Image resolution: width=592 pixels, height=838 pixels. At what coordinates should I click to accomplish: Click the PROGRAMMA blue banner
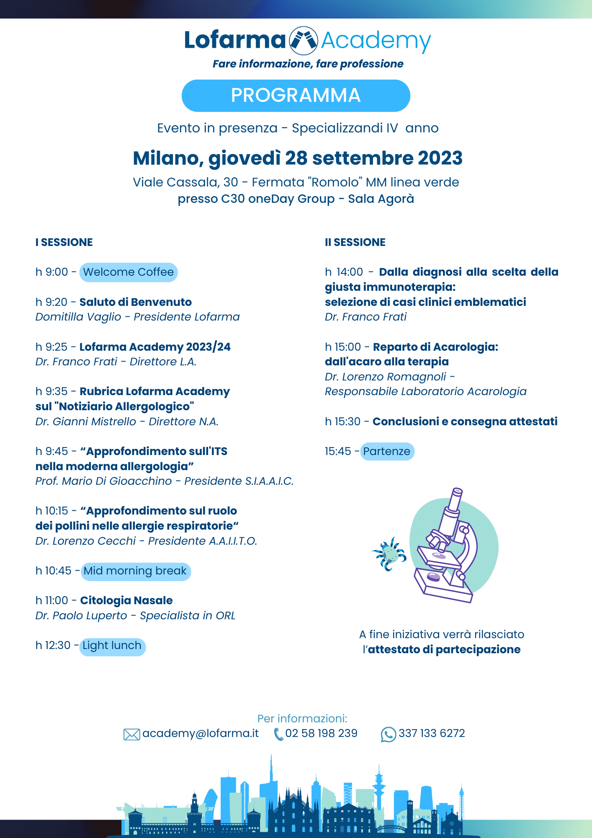296,96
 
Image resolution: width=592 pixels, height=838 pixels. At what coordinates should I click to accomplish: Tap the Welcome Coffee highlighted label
129,272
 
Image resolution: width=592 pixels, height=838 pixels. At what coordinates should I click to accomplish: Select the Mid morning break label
136,571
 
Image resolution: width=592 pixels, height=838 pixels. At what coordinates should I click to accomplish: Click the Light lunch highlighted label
112,646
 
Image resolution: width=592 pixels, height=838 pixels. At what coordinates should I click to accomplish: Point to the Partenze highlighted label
387,452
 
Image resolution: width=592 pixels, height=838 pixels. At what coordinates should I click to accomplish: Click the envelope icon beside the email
131,734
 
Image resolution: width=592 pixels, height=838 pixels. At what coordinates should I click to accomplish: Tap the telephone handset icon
278,734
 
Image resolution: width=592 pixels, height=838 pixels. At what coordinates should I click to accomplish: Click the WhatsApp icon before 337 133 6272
388,734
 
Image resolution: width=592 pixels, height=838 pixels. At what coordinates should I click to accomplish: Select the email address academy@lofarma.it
201,733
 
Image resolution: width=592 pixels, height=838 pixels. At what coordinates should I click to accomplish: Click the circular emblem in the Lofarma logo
304,41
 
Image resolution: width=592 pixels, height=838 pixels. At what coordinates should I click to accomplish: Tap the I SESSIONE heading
64,243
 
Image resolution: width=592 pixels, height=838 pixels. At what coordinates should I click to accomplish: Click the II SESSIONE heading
355,243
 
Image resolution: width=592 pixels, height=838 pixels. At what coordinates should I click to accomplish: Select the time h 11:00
52,601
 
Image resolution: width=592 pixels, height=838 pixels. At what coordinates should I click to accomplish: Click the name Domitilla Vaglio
78,317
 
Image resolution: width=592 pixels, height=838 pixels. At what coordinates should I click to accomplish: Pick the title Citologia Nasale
126,601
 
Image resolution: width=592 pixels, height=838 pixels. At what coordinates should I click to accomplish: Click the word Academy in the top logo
376,41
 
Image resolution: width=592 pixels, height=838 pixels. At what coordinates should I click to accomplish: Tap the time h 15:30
342,422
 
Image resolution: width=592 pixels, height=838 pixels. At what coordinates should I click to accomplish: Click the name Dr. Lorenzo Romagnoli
386,377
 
